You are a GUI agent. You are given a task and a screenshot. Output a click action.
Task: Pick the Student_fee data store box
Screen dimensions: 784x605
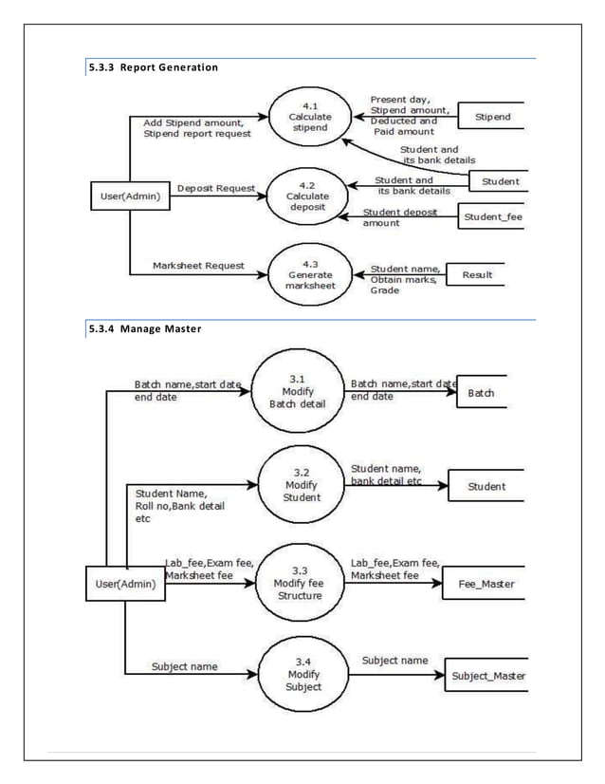click(491, 217)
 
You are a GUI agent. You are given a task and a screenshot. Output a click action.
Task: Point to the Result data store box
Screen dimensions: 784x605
click(476, 274)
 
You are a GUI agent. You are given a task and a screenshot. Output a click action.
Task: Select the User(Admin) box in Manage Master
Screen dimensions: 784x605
click(125, 584)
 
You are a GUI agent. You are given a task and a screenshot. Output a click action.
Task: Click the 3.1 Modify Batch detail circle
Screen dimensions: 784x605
click(299, 390)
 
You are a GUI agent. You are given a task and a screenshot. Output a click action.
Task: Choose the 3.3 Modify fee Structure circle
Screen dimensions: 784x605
click(299, 583)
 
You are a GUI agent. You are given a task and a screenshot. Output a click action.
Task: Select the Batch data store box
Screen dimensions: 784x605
click(491, 391)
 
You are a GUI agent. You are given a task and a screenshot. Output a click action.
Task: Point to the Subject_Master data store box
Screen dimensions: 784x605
click(486, 675)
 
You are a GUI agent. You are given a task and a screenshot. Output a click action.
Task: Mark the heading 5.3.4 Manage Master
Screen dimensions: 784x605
click(142, 328)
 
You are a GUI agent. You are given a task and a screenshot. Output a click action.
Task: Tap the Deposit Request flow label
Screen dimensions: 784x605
click(216, 188)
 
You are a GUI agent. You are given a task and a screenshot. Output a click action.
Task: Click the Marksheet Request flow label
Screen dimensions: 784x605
click(198, 266)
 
